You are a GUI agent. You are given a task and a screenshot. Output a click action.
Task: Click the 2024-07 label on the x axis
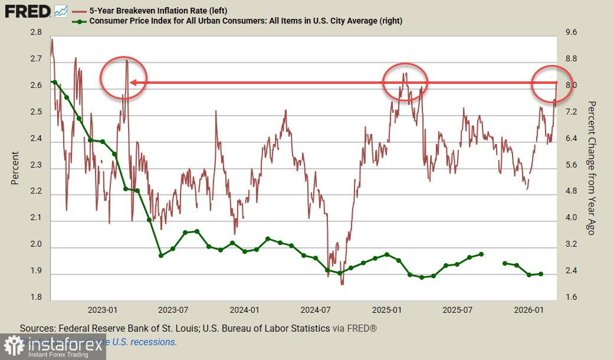316,309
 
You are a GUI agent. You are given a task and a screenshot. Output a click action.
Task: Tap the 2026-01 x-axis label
528,309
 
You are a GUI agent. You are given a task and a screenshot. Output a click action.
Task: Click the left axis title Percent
15,168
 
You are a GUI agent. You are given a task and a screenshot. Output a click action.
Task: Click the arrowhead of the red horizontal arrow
133,83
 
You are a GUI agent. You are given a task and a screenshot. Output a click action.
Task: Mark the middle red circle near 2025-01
405,82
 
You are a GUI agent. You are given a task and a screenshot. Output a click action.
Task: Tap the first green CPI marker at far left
54,83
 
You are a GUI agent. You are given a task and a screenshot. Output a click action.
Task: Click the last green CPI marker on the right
540,274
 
